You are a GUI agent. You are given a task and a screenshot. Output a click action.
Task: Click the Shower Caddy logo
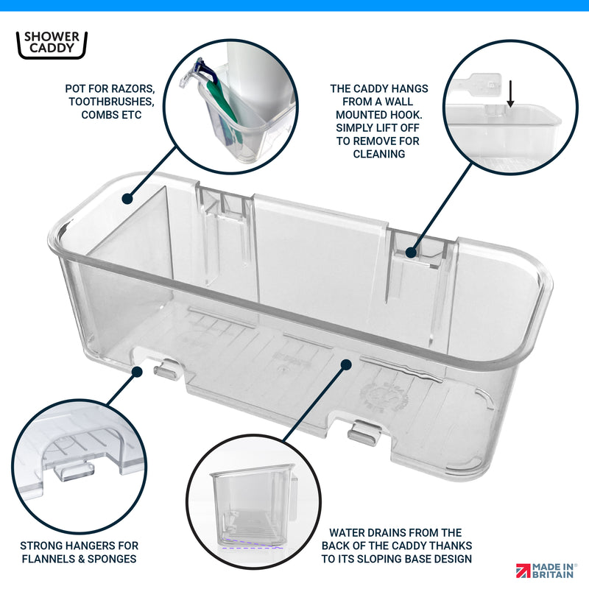pyautogui.click(x=52, y=45)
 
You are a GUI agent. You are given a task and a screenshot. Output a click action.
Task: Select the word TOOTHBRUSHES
pyautogui.click(x=111, y=102)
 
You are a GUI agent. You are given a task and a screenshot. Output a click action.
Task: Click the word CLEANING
pyautogui.click(x=379, y=154)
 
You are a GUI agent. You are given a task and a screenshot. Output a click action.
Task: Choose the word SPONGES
pyautogui.click(x=112, y=559)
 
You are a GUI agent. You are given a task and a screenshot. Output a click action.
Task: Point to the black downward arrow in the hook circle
pyautogui.click(x=510, y=94)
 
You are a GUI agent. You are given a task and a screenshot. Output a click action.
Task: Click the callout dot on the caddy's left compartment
pyautogui.click(x=127, y=199)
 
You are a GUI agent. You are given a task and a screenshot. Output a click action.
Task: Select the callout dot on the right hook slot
pyautogui.click(x=412, y=253)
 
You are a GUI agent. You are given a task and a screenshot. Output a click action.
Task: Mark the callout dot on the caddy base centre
pyautogui.click(x=346, y=364)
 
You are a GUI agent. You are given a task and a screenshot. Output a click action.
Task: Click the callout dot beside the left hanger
pyautogui.click(x=137, y=372)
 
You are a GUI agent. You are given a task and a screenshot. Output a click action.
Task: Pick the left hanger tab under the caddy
pyautogui.click(x=167, y=370)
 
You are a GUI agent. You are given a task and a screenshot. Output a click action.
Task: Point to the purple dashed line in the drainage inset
pyautogui.click(x=253, y=546)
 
